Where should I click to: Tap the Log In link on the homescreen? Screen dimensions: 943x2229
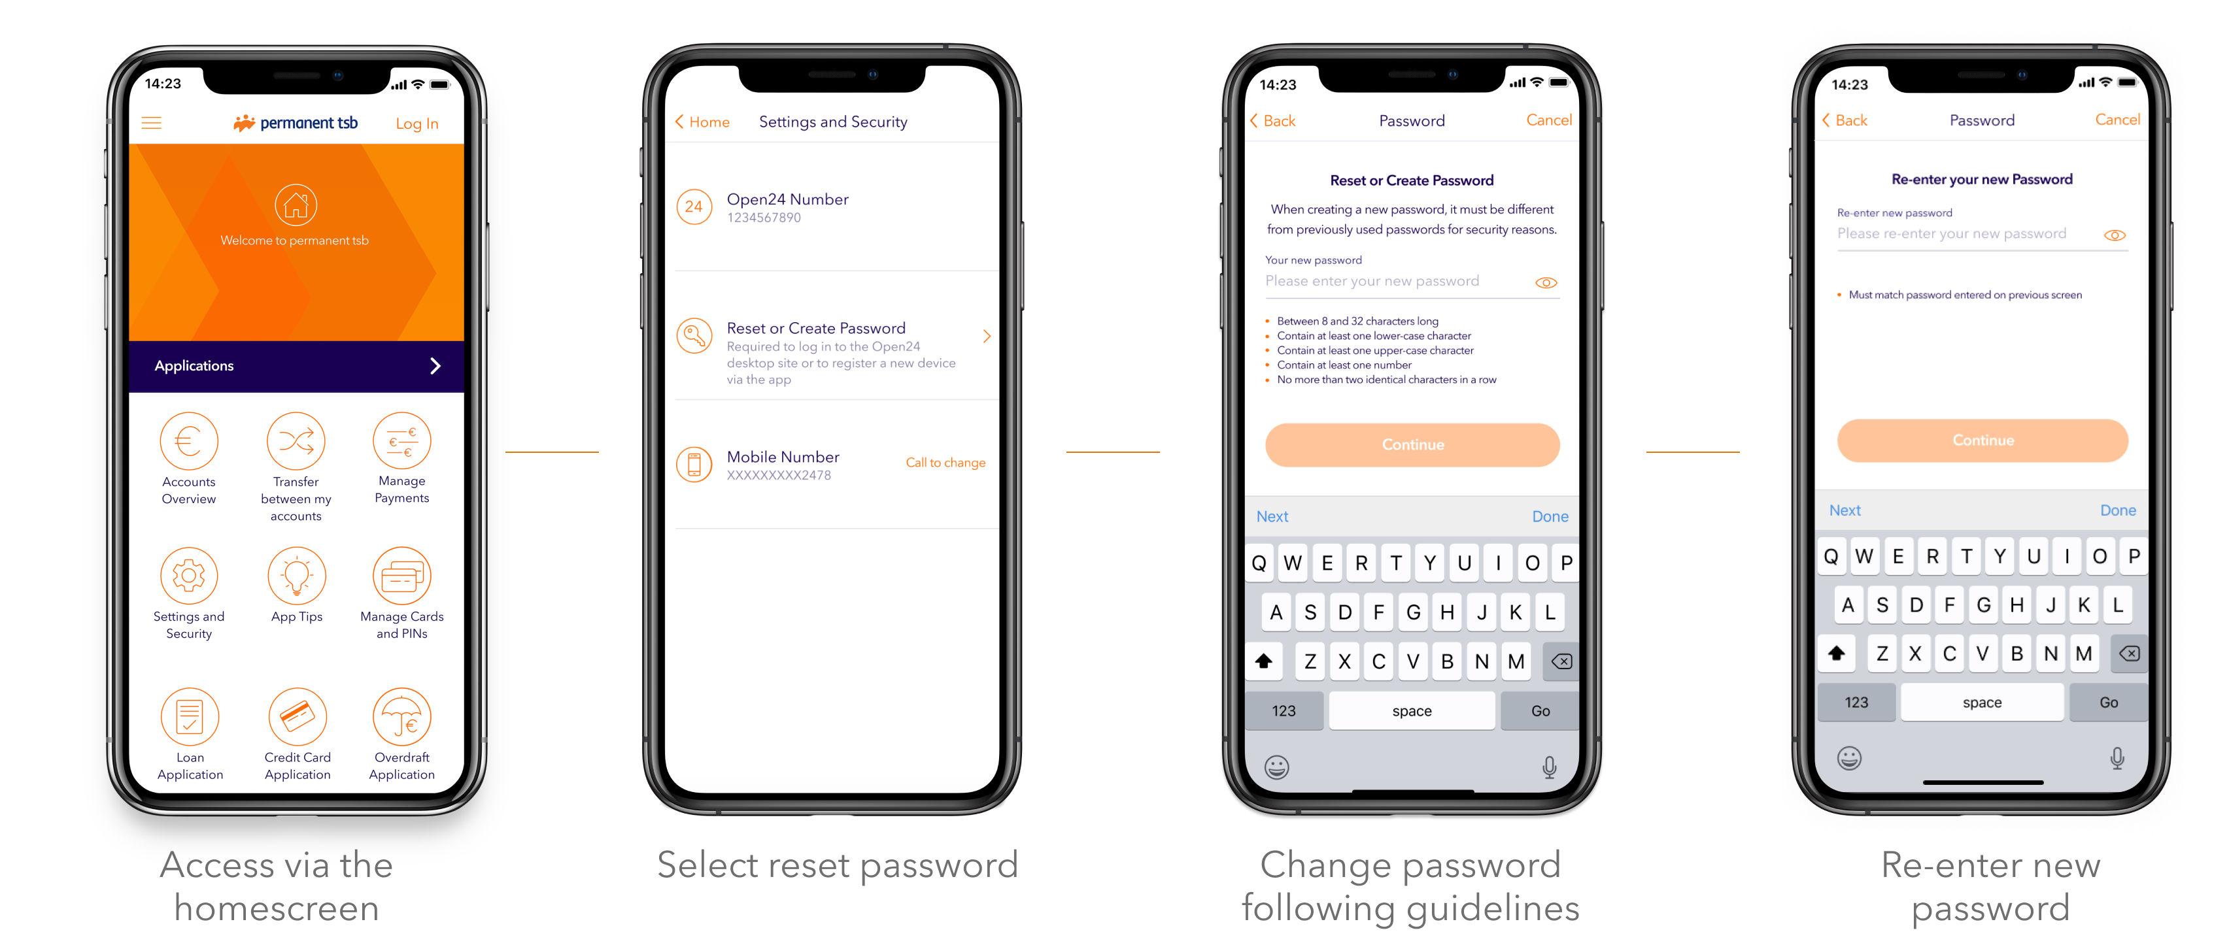417,124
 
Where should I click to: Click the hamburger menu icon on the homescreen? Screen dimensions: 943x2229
152,123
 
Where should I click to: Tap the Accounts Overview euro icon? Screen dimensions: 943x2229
188,441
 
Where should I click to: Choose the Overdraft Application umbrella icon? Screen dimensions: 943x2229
401,716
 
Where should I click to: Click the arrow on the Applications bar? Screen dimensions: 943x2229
435,366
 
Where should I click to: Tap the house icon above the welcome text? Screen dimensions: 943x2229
296,205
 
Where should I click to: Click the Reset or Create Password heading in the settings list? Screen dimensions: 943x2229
815,328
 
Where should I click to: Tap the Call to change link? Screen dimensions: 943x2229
945,463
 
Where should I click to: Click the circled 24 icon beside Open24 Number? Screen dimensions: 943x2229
694,207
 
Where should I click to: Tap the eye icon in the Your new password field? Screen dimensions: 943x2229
1546,283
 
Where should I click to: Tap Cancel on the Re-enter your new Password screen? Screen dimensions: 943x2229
2117,120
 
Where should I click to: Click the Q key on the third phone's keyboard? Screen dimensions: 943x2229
1259,563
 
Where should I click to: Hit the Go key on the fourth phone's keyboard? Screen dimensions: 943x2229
2108,703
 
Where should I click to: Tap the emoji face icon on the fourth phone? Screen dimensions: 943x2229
1849,759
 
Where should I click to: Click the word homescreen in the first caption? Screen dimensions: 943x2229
277,908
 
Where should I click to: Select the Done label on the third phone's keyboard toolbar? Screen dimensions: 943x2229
1550,516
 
